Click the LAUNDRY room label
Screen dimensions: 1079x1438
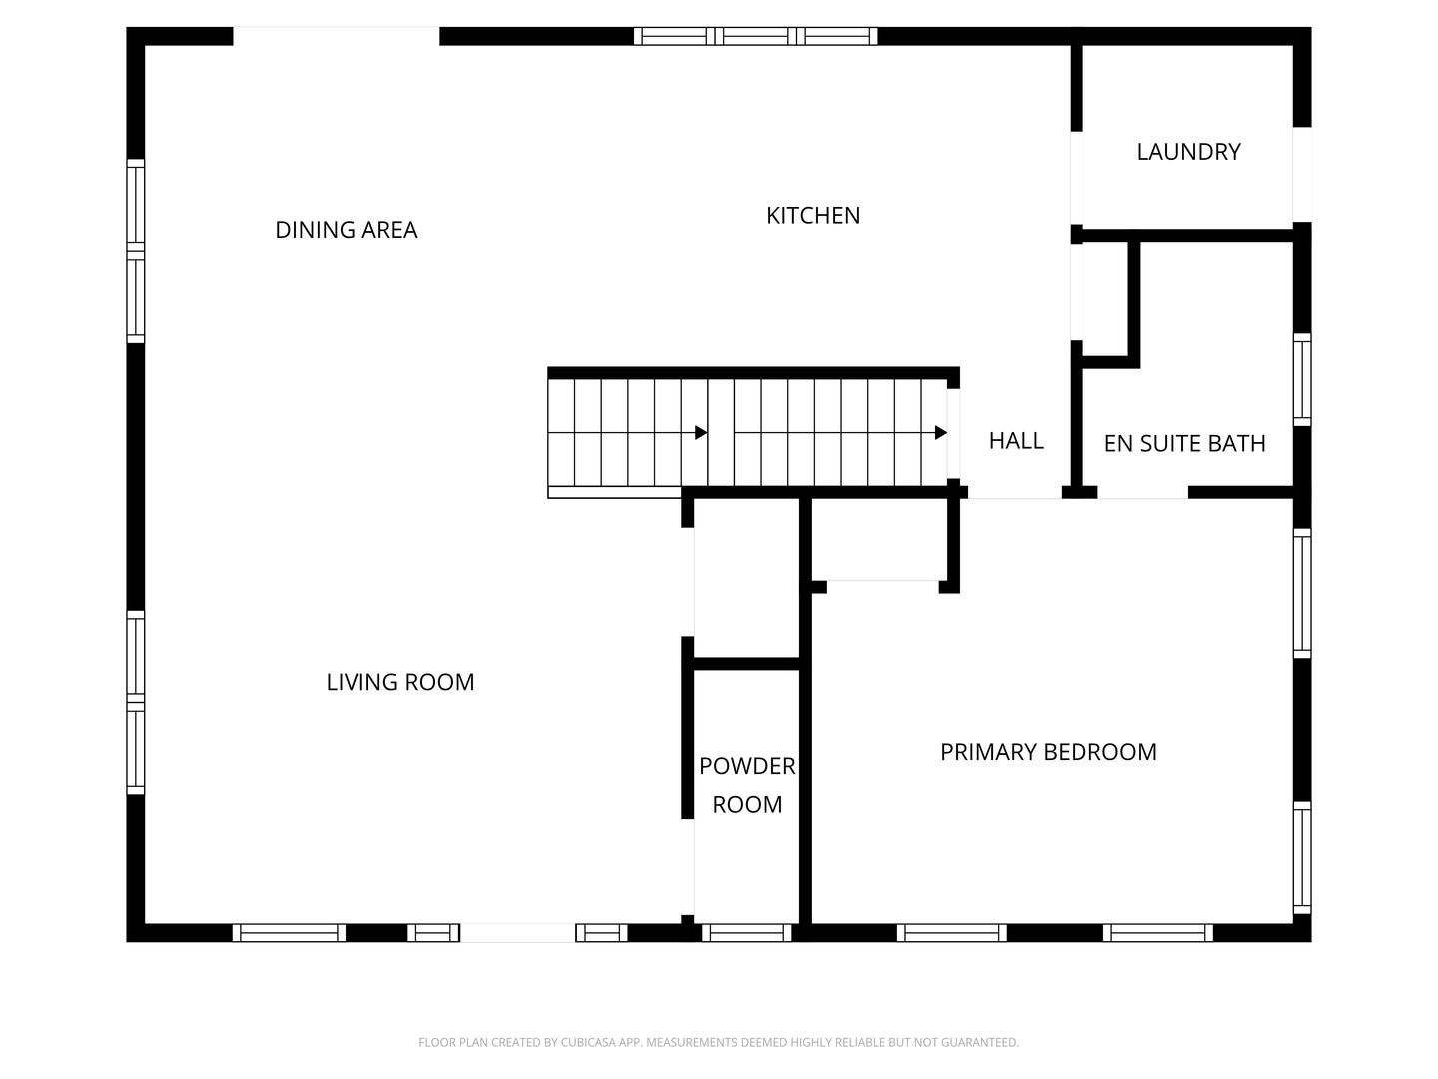tap(1188, 152)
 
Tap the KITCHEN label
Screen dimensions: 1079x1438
tap(813, 215)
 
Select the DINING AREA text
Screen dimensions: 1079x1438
tap(346, 230)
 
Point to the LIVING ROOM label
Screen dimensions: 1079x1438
tap(400, 682)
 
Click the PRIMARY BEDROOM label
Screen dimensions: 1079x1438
tap(1049, 752)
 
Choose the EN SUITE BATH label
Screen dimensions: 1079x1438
tap(1184, 443)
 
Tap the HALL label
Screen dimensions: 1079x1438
tap(1016, 440)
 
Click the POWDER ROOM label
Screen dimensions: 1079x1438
tap(747, 785)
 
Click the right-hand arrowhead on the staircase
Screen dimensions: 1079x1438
tap(940, 433)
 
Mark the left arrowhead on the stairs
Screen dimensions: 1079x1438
tap(701, 433)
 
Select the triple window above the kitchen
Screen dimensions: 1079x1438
tap(756, 36)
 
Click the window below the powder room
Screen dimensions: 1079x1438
tap(747, 933)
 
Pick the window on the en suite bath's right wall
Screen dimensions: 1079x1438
tap(1302, 379)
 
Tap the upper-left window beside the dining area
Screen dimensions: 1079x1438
tap(136, 250)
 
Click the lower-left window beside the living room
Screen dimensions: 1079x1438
tap(136, 702)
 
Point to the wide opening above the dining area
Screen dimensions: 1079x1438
tap(336, 36)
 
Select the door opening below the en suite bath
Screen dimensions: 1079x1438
tap(1142, 492)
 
